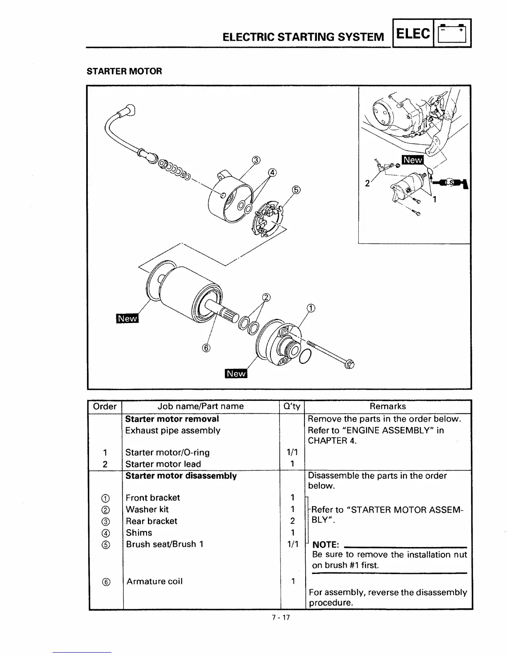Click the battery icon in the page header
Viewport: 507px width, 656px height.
(x=452, y=33)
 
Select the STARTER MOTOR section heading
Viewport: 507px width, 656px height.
(x=124, y=71)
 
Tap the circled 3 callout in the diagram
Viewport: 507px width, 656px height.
(x=256, y=161)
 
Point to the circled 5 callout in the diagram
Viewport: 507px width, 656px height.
(x=296, y=190)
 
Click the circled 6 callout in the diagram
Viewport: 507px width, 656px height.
(x=206, y=347)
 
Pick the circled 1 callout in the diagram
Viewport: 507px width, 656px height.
(x=310, y=308)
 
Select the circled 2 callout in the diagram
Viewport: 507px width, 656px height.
(x=266, y=297)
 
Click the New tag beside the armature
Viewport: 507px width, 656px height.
(x=127, y=318)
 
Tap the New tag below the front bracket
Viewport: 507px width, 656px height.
(x=236, y=373)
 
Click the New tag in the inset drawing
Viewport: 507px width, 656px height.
(x=413, y=160)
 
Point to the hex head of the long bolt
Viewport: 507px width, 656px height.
(x=350, y=365)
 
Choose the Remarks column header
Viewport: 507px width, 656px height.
(x=388, y=406)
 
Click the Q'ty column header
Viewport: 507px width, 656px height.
(x=292, y=406)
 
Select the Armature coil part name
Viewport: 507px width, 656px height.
(x=155, y=581)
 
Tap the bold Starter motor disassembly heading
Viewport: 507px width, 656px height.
(x=181, y=476)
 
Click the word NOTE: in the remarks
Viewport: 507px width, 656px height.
(x=326, y=544)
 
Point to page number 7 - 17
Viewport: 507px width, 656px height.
(x=281, y=617)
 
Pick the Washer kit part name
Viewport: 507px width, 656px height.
(x=147, y=509)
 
